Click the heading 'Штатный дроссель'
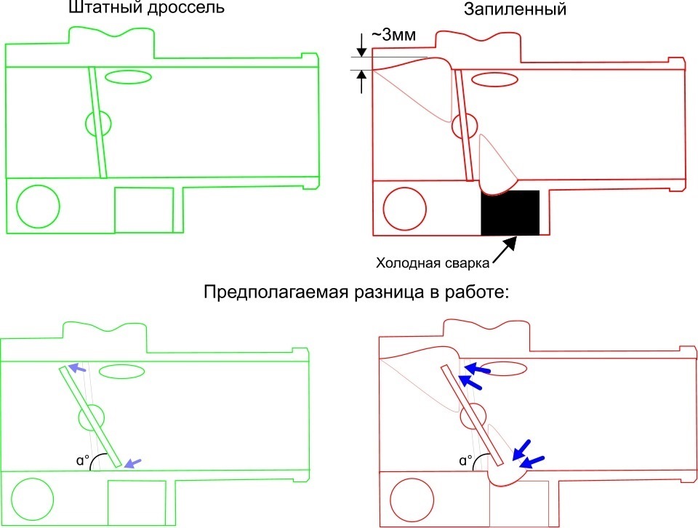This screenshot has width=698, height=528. coord(146,7)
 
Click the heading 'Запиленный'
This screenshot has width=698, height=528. coord(515,9)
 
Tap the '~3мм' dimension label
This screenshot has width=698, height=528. coord(394,35)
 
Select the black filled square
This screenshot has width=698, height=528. coord(510,213)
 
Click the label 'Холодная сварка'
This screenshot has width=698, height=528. coord(433,263)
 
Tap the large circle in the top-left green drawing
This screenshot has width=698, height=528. coord(39,207)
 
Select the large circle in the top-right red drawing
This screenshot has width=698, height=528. coord(405,209)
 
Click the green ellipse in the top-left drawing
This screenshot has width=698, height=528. coord(128,76)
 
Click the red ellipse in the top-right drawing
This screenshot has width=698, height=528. coord(494,80)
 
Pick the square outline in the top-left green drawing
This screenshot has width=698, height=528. coord(144,210)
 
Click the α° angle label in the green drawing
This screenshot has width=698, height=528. coord(83,460)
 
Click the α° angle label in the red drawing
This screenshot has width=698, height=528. coord(466,460)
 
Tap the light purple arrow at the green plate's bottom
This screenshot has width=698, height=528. coord(132,463)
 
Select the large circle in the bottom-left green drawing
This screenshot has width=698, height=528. coord(33,500)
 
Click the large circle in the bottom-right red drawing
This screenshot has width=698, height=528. coord(412,500)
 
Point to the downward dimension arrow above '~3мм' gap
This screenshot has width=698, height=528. coord(361,45)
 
